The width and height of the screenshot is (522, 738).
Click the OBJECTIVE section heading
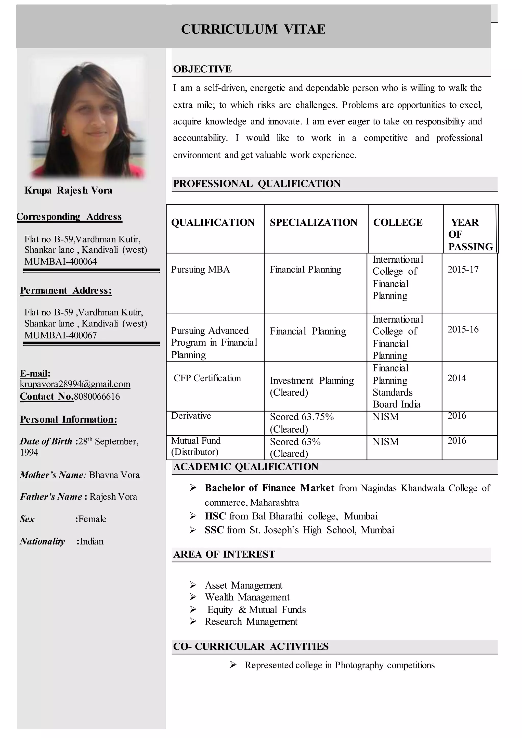click(202, 69)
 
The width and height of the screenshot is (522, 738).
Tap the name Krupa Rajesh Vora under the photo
click(69, 190)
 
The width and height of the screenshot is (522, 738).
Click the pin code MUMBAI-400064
click(60, 261)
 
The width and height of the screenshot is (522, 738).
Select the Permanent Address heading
click(66, 290)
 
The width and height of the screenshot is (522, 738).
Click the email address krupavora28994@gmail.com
click(75, 384)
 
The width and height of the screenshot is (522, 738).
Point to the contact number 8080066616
click(97, 397)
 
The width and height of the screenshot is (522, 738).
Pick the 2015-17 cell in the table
click(463, 270)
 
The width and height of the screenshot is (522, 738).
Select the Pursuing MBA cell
click(201, 270)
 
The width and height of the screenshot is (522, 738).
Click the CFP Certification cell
click(207, 378)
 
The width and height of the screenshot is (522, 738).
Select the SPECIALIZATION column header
click(314, 223)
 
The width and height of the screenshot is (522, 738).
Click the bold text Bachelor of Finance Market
click(269, 488)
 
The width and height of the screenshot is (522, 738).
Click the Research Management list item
click(251, 622)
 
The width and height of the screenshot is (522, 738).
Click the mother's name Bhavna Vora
click(114, 475)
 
